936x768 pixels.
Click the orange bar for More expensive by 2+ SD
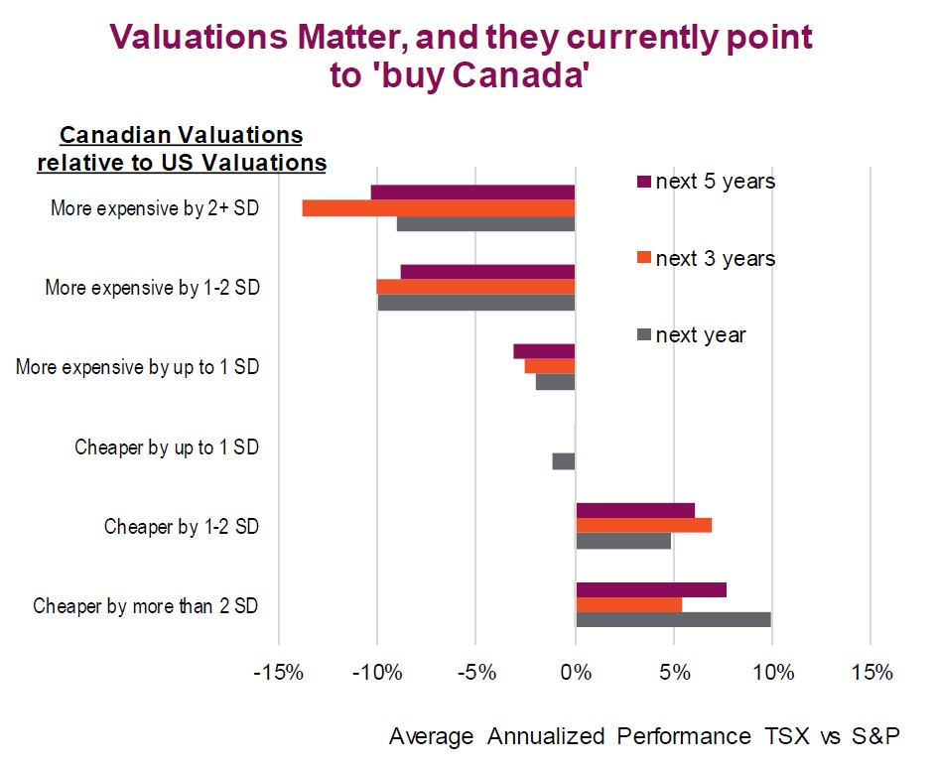(x=438, y=208)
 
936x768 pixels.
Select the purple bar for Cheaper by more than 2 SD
(x=650, y=589)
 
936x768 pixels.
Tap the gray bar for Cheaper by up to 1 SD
(x=564, y=461)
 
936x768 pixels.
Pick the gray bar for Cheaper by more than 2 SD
(x=673, y=620)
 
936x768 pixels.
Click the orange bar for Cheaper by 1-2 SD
(x=643, y=525)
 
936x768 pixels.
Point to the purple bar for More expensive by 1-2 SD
(x=487, y=272)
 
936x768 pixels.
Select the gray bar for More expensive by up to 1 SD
(x=555, y=382)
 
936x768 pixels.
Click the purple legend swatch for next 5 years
(x=642, y=182)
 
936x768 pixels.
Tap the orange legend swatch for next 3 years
(x=642, y=258)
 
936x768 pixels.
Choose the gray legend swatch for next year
(x=642, y=335)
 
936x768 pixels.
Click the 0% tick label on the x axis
(x=576, y=673)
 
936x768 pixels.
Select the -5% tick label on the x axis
(x=476, y=673)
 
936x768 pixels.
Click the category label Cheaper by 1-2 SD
(x=182, y=527)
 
